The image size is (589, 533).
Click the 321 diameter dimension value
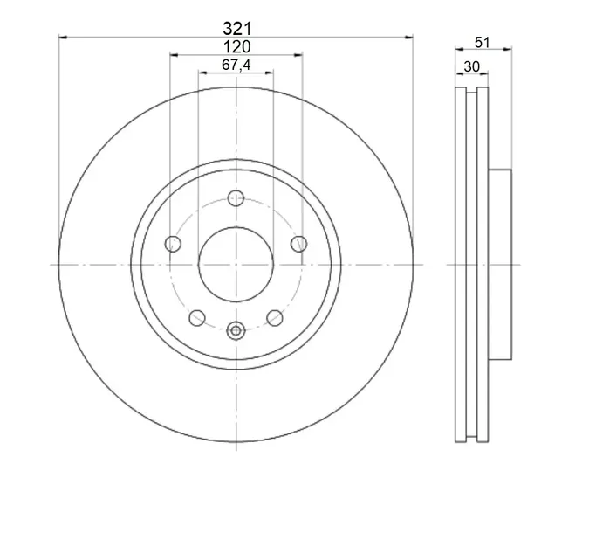[237, 29]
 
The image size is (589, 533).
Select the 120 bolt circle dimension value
[236, 47]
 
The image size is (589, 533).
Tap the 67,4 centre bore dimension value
[236, 65]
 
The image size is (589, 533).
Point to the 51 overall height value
[483, 43]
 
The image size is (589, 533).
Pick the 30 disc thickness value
[472, 66]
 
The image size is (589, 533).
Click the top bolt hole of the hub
[236, 198]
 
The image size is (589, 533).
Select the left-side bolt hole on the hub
[173, 244]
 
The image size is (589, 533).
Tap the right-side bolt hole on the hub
[299, 244]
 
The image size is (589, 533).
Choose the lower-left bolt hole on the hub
[197, 318]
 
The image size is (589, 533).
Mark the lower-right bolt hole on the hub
[275, 318]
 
